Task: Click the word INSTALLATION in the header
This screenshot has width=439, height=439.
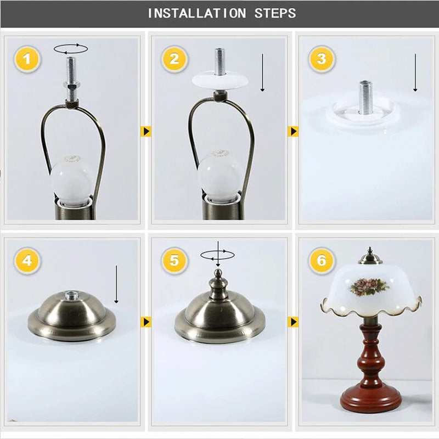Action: (197, 13)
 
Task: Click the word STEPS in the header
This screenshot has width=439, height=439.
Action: (275, 13)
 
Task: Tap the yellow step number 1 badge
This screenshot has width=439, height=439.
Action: (27, 59)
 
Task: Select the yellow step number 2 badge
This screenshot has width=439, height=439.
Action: (174, 59)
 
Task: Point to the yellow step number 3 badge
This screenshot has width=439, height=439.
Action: (322, 59)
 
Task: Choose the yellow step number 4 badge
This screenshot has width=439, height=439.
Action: (27, 261)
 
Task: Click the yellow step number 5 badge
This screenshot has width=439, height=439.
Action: (174, 261)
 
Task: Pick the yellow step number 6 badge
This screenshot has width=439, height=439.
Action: (322, 261)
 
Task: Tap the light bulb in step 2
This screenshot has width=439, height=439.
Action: (218, 176)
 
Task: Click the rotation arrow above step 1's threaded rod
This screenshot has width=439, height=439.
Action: (71, 49)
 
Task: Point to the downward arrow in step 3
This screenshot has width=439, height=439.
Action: (415, 73)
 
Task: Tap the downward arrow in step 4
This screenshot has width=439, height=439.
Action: (116, 284)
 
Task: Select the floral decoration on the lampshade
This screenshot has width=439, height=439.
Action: (369, 286)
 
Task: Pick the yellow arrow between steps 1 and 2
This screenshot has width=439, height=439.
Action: (146, 131)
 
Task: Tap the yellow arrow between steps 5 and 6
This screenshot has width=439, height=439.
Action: (293, 322)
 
